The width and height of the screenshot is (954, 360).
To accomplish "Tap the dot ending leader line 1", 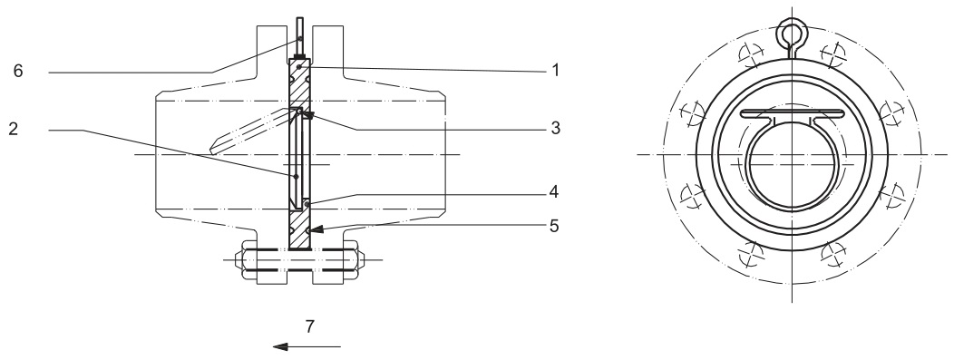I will [297, 67].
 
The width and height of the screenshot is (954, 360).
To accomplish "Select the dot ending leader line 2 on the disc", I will [295, 175].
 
